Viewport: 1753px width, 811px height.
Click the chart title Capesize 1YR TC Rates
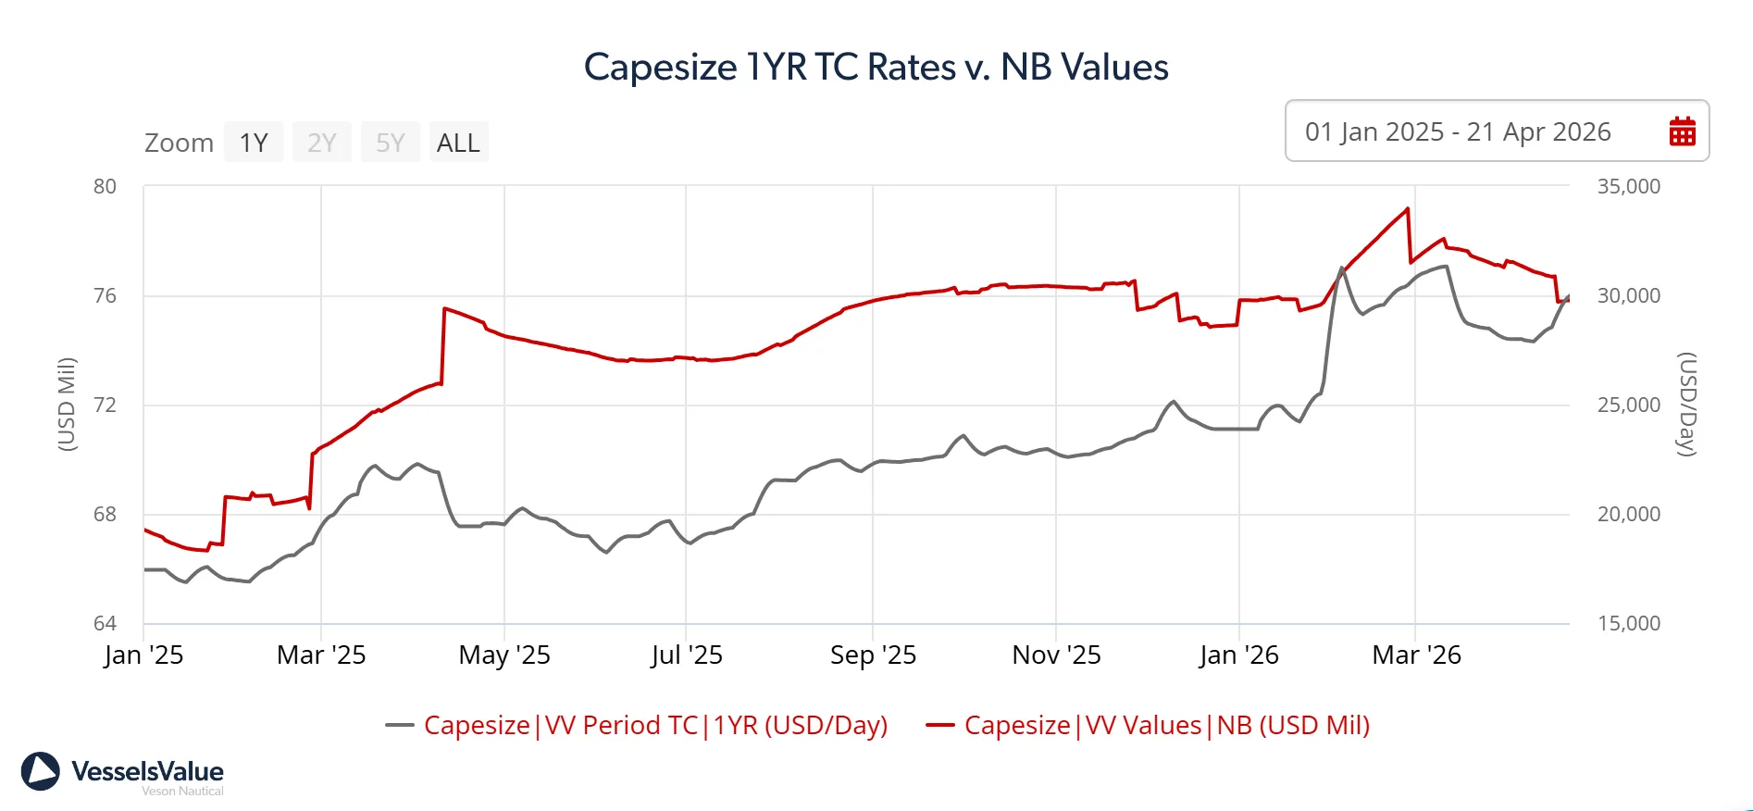pyautogui.click(x=876, y=67)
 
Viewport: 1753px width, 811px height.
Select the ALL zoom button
pyautogui.click(x=458, y=143)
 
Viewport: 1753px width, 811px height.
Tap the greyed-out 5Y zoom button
pyautogui.click(x=390, y=143)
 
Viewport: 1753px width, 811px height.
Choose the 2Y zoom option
pyautogui.click(x=321, y=143)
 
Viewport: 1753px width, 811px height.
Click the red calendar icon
pyautogui.click(x=1682, y=131)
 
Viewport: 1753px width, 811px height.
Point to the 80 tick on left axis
pyautogui.click(x=105, y=186)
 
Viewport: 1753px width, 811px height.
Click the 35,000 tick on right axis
pyautogui.click(x=1628, y=186)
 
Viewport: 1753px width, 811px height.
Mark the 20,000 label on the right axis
pyautogui.click(x=1628, y=514)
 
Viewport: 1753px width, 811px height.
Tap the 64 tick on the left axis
pyautogui.click(x=105, y=623)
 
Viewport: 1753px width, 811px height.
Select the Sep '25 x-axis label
pyautogui.click(x=873, y=655)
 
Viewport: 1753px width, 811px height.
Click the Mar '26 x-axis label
pyautogui.click(x=1416, y=655)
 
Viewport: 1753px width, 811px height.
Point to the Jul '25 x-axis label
pyautogui.click(x=686, y=655)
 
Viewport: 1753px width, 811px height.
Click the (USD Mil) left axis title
pyautogui.click(x=67, y=404)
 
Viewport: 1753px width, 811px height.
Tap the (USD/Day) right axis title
pyautogui.click(x=1687, y=404)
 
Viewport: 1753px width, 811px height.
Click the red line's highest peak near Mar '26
pyautogui.click(x=1408, y=209)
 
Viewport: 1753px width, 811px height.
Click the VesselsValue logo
pyautogui.click(x=123, y=773)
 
